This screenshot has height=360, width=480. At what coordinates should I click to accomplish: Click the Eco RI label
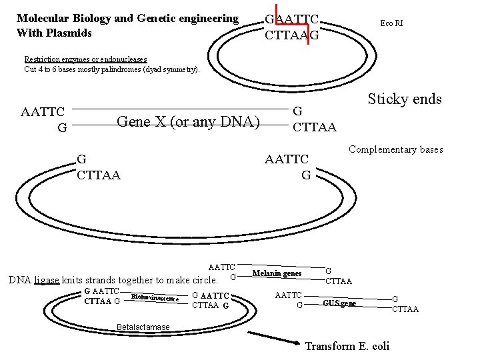391,23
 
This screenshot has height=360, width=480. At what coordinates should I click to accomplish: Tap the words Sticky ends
405,99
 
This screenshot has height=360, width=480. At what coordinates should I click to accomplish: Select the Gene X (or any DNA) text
188,121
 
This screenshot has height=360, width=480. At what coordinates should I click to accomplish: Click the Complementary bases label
396,150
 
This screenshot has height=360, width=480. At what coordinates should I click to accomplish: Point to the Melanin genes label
277,273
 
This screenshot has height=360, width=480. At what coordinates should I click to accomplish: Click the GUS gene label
339,303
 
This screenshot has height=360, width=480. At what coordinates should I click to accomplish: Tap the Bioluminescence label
155,297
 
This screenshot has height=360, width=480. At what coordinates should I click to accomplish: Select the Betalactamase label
143,327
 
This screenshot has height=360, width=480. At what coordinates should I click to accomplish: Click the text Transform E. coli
347,346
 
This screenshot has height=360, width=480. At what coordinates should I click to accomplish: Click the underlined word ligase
47,280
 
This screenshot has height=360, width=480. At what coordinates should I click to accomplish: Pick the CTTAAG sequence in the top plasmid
291,35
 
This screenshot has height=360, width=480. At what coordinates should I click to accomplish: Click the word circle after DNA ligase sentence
202,280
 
